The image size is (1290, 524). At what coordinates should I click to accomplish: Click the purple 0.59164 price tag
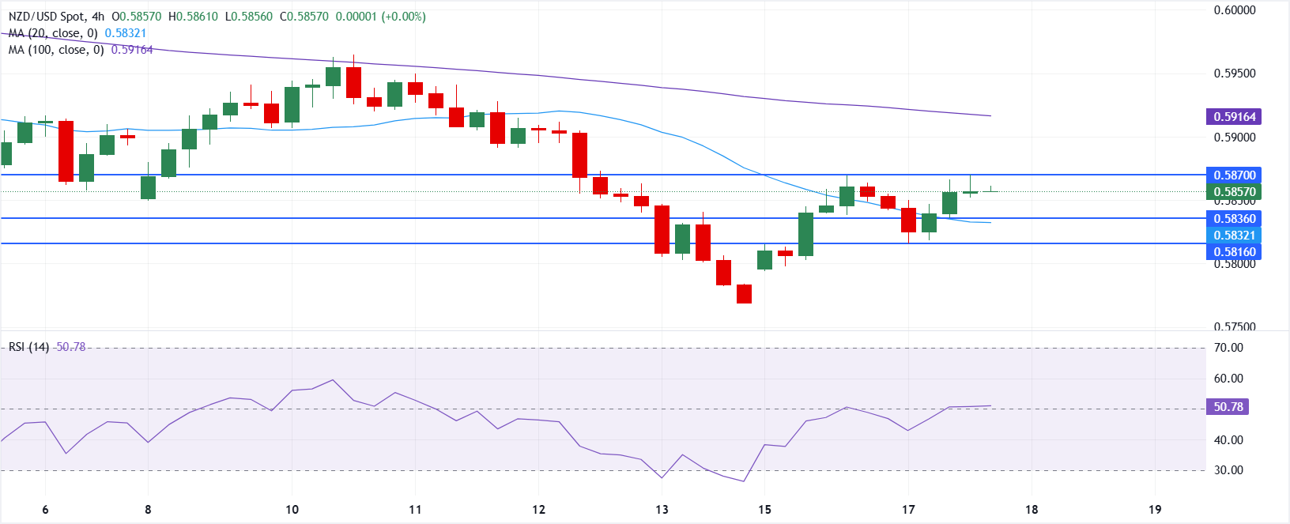pyautogui.click(x=1235, y=117)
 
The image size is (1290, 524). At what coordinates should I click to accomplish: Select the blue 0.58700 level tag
pyautogui.click(x=1235, y=175)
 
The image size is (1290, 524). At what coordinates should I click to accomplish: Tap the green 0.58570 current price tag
pyautogui.click(x=1235, y=191)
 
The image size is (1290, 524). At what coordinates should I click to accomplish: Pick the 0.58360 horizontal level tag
pyautogui.click(x=1235, y=218)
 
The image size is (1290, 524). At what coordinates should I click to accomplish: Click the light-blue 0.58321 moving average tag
pyautogui.click(x=1235, y=235)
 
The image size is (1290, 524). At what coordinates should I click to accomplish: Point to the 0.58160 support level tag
pyautogui.click(x=1235, y=252)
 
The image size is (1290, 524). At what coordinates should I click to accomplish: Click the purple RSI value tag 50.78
pyautogui.click(x=1228, y=407)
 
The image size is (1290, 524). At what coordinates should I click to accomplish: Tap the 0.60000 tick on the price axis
pyautogui.click(x=1235, y=10)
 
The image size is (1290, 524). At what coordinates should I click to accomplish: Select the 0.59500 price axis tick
pyautogui.click(x=1235, y=74)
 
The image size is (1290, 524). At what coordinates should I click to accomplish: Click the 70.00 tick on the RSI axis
pyautogui.click(x=1228, y=348)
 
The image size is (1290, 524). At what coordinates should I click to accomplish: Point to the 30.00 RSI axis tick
pyautogui.click(x=1228, y=470)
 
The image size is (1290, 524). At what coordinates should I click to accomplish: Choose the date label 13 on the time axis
pyautogui.click(x=662, y=510)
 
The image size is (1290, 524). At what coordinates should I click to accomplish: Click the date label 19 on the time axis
pyautogui.click(x=1155, y=510)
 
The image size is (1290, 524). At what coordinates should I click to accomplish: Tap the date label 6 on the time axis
pyautogui.click(x=45, y=510)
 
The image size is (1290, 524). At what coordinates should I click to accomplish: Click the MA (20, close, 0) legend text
pyautogui.click(x=53, y=33)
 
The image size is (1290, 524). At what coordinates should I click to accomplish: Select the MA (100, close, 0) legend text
pyautogui.click(x=56, y=50)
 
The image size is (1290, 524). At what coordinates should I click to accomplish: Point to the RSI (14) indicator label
pyautogui.click(x=29, y=347)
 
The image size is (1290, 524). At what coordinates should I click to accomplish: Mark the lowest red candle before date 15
pyautogui.click(x=744, y=294)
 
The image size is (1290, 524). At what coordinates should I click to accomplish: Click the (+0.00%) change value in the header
pyautogui.click(x=403, y=17)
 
